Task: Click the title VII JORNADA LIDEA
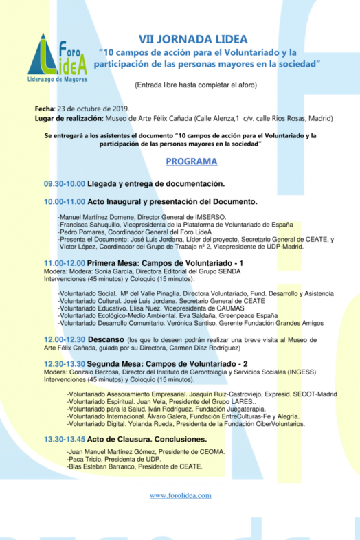pyautogui.click(x=193, y=39)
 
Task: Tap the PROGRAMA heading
pyautogui.click(x=192, y=161)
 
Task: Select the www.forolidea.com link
pyautogui.click(x=180, y=495)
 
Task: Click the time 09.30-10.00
pyautogui.click(x=65, y=184)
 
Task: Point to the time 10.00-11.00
pyautogui.click(x=65, y=202)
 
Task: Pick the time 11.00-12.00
pyautogui.click(x=65, y=263)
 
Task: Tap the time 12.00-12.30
pyautogui.click(x=65, y=339)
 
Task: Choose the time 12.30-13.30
pyautogui.click(x=65, y=363)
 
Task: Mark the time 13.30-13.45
pyautogui.click(x=65, y=439)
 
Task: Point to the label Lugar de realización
pyautogui.click(x=67, y=118)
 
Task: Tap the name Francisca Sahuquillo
pyautogui.click(x=92, y=225)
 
